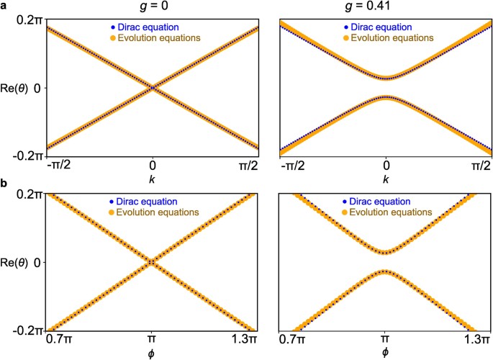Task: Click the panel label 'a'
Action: (5, 5)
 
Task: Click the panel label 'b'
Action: (5, 184)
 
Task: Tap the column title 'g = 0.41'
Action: (386, 6)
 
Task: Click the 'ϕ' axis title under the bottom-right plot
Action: (386, 352)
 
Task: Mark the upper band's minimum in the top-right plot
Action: (386, 78)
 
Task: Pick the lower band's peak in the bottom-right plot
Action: (386, 271)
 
